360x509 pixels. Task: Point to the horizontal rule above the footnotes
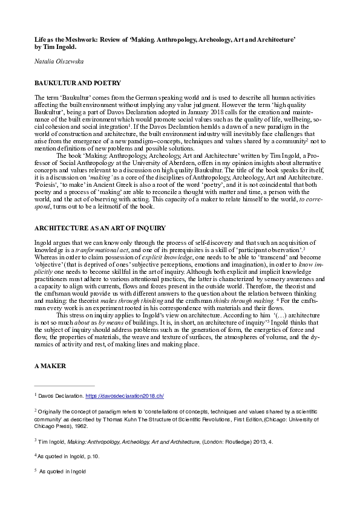[64, 386]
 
